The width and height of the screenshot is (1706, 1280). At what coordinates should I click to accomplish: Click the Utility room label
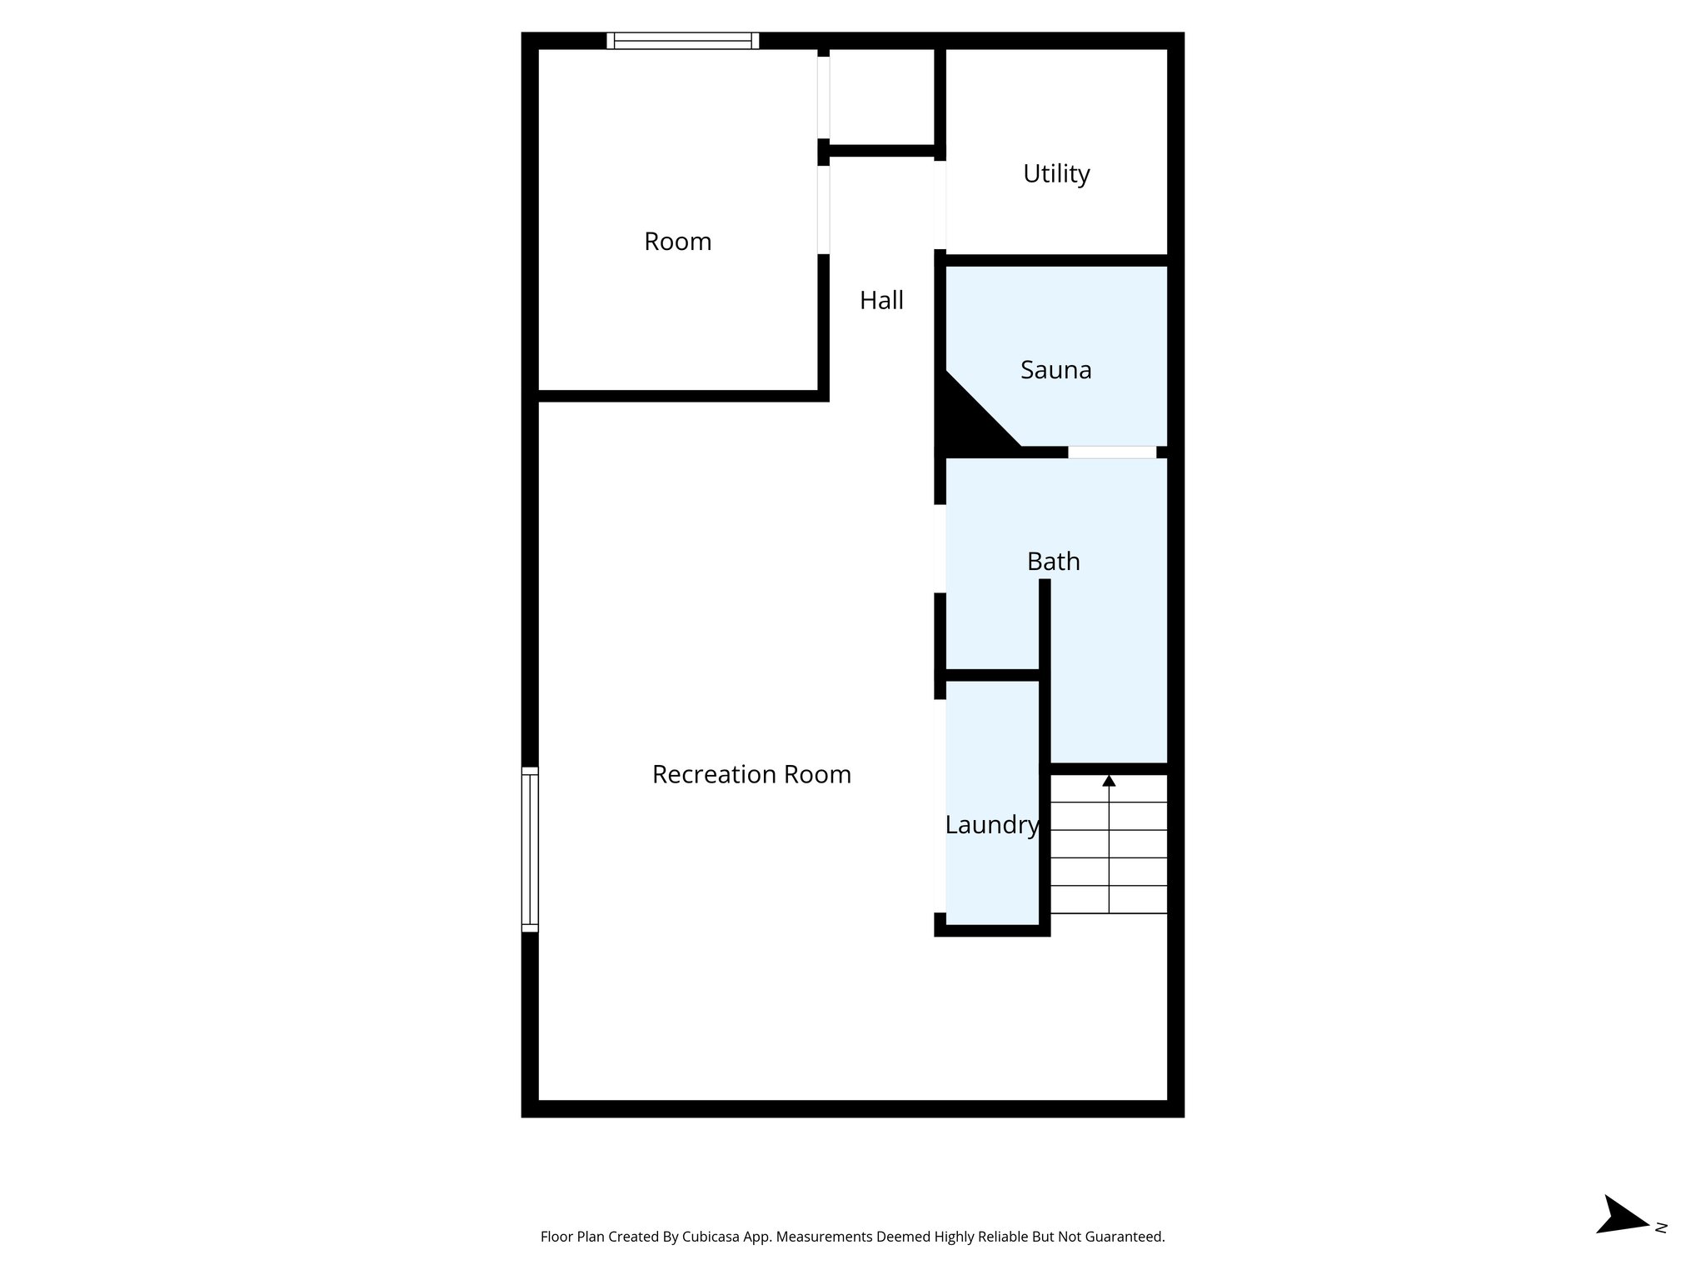(x=1055, y=173)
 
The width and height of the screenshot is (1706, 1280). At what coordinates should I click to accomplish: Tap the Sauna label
(x=1055, y=370)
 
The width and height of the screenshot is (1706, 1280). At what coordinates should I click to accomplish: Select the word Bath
(x=1053, y=562)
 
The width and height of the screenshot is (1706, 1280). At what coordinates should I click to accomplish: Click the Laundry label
(x=991, y=825)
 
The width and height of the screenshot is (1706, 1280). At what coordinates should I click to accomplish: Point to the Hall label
(x=881, y=301)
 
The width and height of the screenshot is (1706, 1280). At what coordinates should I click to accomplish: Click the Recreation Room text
(x=751, y=775)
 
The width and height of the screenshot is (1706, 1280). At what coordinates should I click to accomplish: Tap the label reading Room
(x=677, y=242)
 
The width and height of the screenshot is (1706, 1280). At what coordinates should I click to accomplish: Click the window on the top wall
(x=682, y=41)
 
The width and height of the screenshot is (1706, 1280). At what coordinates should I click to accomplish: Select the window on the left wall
(x=530, y=848)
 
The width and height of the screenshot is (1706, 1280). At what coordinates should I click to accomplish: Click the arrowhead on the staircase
(x=1109, y=781)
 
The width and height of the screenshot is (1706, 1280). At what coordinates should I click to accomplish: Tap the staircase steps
(x=1109, y=858)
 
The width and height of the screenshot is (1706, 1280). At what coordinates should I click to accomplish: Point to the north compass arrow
(x=1622, y=1238)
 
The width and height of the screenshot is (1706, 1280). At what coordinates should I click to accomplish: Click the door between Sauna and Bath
(x=1111, y=452)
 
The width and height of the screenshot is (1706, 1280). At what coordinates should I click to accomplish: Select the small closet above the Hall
(x=881, y=96)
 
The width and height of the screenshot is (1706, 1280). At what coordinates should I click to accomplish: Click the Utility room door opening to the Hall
(x=940, y=204)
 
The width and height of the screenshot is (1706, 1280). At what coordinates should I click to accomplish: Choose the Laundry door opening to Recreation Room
(x=940, y=805)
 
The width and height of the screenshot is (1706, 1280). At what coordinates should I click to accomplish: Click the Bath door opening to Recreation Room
(x=940, y=548)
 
